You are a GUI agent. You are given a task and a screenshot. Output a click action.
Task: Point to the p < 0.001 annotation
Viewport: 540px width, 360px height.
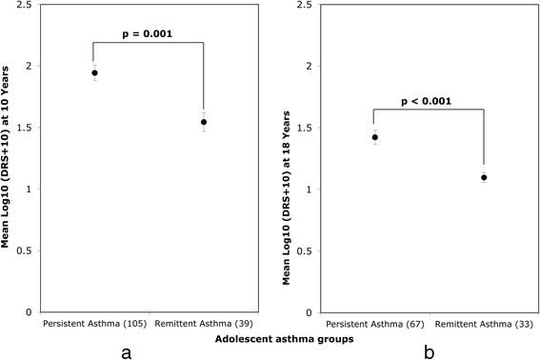(x=429, y=99)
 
